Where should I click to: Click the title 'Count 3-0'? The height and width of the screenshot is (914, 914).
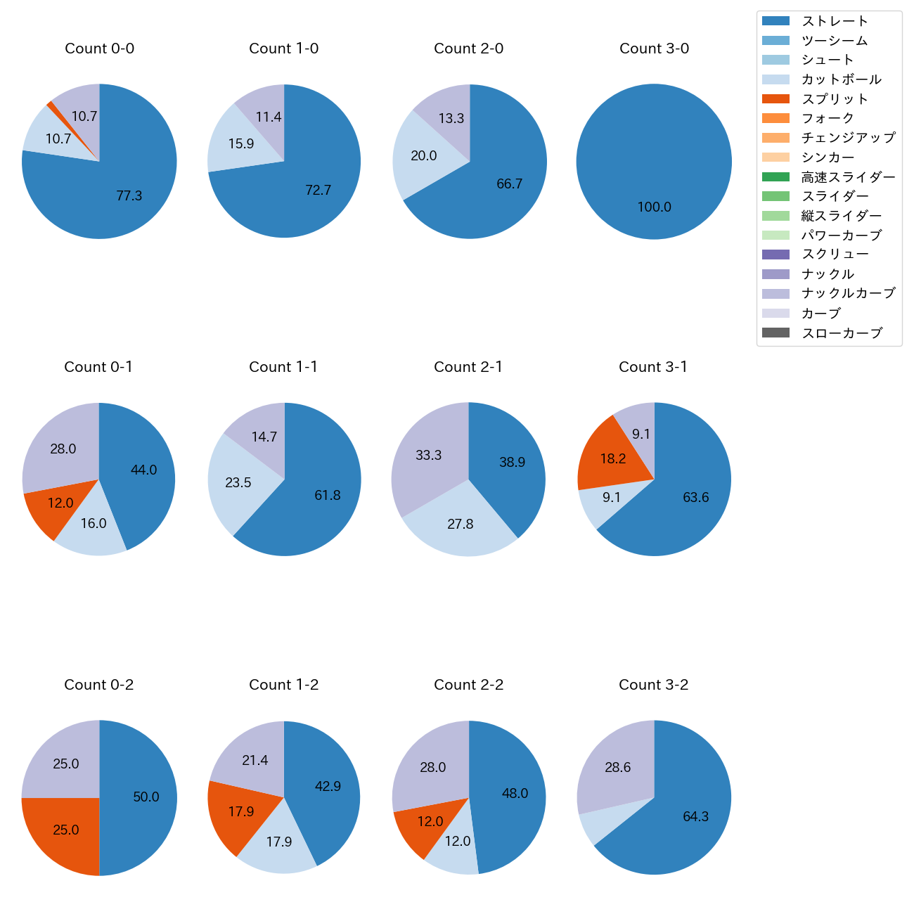click(654, 49)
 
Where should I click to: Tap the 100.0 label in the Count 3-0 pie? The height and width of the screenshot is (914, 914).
click(654, 207)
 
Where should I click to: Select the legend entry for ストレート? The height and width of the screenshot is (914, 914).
click(835, 21)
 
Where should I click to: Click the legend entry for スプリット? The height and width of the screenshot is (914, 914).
click(835, 99)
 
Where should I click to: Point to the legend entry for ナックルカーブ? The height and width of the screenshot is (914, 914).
click(848, 293)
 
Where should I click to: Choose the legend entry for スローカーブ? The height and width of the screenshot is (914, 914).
click(842, 333)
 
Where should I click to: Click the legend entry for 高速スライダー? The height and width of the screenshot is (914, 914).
click(848, 177)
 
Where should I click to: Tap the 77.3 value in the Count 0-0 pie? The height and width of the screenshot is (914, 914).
click(129, 195)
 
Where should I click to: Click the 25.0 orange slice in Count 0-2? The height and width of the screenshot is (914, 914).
click(63, 833)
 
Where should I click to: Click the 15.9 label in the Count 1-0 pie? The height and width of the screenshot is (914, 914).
click(241, 143)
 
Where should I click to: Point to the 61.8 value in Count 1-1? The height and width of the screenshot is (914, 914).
click(328, 495)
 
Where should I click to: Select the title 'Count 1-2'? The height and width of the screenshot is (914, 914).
click(284, 685)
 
